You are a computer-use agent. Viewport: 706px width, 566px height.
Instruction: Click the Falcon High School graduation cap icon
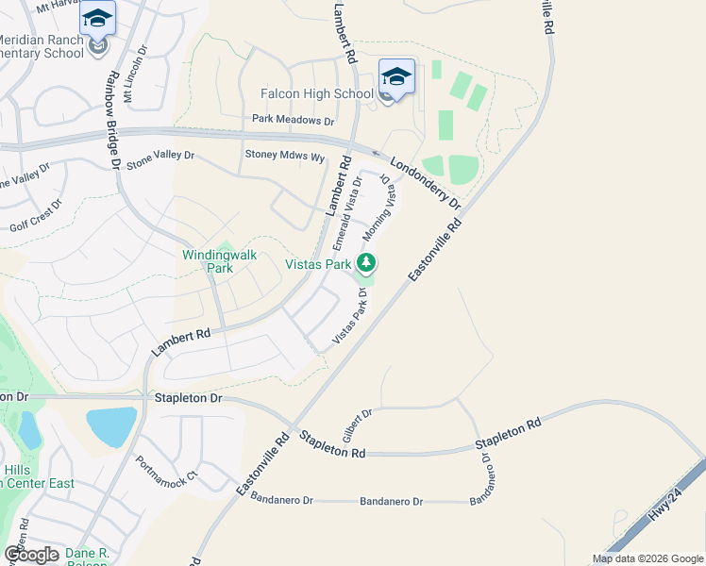(396, 76)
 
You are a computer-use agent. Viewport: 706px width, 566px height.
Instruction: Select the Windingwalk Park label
(207, 260)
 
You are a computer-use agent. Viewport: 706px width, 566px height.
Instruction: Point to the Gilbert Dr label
(358, 426)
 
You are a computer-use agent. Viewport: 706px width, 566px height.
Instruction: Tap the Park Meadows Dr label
(294, 121)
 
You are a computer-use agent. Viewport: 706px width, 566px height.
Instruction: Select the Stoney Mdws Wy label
(285, 154)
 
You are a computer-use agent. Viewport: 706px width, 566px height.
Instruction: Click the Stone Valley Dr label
(160, 160)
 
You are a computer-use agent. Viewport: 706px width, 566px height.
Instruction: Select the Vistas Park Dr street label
(350, 316)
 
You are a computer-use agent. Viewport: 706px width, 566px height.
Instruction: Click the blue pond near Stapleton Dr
(123, 427)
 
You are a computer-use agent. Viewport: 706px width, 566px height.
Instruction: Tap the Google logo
(31, 555)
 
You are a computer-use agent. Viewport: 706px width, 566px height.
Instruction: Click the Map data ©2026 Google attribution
(647, 558)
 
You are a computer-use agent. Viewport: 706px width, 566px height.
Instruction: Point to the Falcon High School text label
(317, 93)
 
